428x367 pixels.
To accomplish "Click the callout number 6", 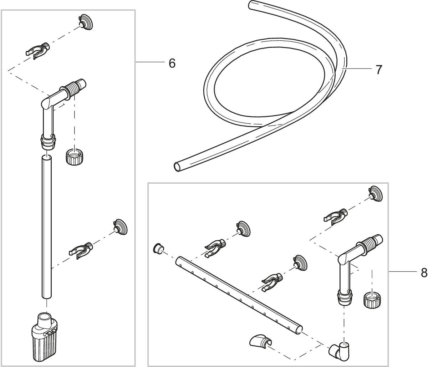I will coord(172,63).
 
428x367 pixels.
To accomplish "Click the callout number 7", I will coord(378,69).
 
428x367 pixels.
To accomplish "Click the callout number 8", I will coord(423,272).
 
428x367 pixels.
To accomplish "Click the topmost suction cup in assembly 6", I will coord(86,22).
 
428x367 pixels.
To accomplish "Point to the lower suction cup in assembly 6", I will coord(120,227).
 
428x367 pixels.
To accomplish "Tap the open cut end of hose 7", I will coord(178,167).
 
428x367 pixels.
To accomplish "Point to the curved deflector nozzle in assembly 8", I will coord(259,342).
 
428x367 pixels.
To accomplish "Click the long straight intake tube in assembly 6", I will coord(47,228).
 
